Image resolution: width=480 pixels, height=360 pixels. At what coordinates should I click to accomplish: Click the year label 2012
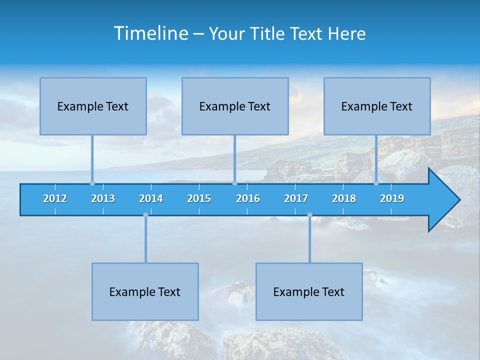point(55,198)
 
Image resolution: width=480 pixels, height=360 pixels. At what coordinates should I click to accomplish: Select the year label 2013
point(103,198)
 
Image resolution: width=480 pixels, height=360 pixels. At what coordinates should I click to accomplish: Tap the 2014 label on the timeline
point(151,198)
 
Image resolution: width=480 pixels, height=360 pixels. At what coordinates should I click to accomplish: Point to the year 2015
point(199,198)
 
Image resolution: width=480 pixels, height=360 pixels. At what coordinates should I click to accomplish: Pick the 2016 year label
point(248,198)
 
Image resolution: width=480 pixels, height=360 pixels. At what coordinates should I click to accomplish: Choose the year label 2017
point(296,198)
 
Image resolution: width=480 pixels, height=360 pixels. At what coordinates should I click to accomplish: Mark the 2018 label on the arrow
point(344,198)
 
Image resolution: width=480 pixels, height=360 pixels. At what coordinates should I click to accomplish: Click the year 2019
point(392,198)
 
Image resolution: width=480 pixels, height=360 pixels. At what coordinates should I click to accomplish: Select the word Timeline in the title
point(150,33)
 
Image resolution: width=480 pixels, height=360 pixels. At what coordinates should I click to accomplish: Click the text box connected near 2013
point(93,106)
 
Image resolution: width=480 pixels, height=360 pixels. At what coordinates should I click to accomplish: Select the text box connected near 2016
point(235,106)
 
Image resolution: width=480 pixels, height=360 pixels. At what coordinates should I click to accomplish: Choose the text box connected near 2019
point(377,106)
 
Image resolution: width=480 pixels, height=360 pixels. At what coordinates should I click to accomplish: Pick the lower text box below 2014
point(145,291)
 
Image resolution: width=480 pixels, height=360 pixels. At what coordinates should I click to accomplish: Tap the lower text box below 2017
point(309,291)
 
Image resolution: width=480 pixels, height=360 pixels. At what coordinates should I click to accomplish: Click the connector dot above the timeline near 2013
point(92,183)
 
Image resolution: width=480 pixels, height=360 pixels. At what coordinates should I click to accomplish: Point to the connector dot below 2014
point(145,215)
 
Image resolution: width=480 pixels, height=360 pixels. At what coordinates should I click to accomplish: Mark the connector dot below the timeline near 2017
point(309,215)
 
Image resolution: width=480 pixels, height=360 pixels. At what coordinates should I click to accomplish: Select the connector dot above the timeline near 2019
point(376,183)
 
